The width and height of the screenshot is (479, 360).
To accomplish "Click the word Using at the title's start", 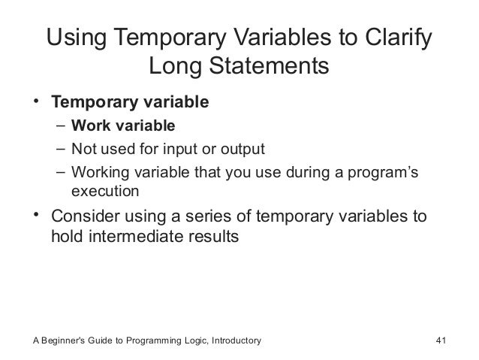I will pos(80,38).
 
